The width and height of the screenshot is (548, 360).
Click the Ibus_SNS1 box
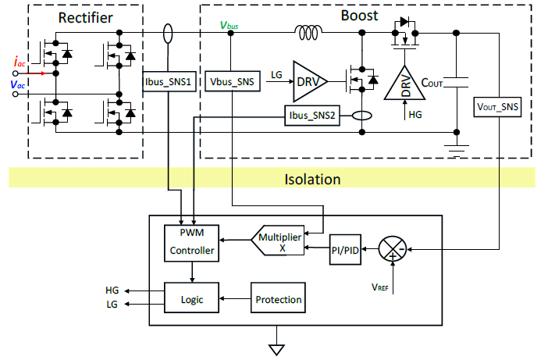pos(168,81)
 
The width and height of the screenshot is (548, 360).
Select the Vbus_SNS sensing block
pos(233,81)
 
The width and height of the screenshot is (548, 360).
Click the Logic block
pos(192,298)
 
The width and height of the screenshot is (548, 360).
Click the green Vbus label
pos(230,25)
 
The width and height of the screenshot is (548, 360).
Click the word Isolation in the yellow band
pos(311,180)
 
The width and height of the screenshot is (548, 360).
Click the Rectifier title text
pos(86,16)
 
